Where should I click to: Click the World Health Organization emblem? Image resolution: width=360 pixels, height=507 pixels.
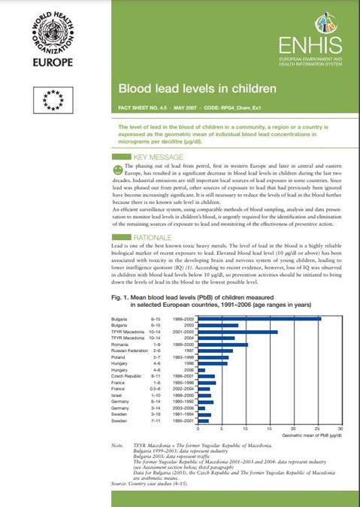53,35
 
